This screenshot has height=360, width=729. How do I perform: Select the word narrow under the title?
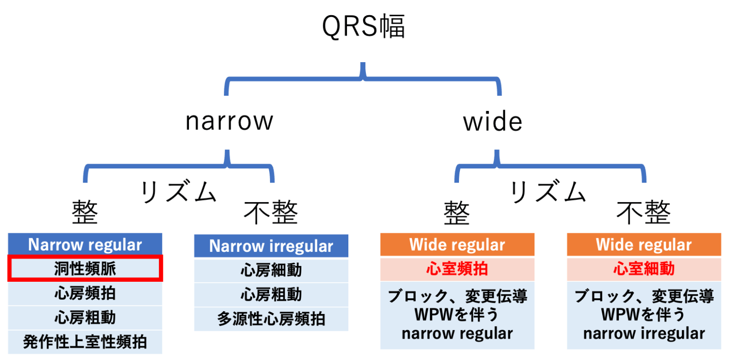click(x=229, y=121)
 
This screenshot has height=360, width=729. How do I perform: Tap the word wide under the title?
click(x=493, y=122)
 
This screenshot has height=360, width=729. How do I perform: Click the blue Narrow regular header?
click(x=85, y=245)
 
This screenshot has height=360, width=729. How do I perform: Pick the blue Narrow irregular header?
click(x=271, y=247)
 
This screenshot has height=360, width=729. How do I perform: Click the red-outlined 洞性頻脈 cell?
click(x=85, y=268)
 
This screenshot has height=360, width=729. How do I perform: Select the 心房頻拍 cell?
click(x=85, y=294)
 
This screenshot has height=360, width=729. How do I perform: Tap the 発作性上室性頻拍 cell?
click(x=85, y=342)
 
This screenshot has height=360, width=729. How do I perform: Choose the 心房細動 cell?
click(x=271, y=270)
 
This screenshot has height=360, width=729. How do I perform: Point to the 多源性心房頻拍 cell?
click(x=271, y=319)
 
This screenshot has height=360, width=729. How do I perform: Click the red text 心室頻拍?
click(x=457, y=269)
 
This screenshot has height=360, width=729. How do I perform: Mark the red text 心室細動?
click(x=644, y=269)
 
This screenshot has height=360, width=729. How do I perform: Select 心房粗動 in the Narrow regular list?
click(x=85, y=317)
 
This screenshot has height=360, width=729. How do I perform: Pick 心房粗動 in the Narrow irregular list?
click(x=271, y=295)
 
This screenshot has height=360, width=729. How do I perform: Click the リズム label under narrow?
click(x=178, y=193)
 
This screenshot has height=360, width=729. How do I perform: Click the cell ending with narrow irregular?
click(x=644, y=315)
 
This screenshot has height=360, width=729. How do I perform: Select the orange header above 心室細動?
click(x=644, y=245)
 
